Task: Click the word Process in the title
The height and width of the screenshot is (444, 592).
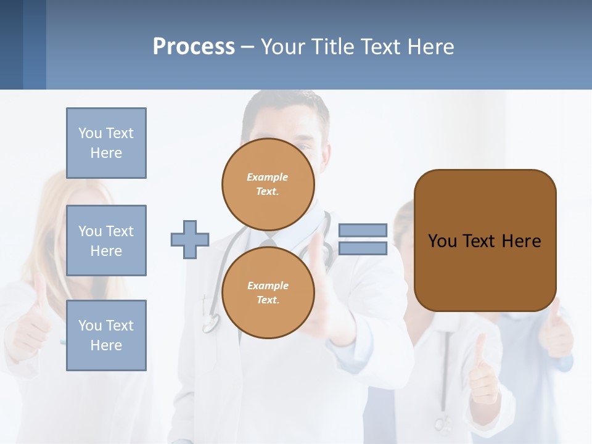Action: (194, 46)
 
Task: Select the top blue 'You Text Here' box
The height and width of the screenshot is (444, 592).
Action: (106, 143)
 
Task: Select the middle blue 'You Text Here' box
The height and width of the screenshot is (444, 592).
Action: (106, 240)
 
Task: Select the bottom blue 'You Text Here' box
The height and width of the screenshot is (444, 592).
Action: (106, 335)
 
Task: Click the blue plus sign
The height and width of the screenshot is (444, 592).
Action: (190, 239)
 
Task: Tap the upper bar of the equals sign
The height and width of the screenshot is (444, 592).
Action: (363, 230)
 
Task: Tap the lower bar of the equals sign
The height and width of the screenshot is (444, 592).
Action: (363, 249)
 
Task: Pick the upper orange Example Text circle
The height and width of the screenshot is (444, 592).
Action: (268, 184)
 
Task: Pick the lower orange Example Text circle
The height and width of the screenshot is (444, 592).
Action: (268, 292)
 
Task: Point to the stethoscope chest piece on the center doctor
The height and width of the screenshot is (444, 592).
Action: (211, 322)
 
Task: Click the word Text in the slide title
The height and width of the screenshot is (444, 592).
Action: (379, 47)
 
